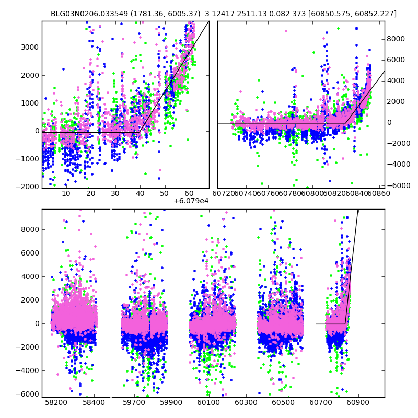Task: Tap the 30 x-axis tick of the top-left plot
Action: [x=115, y=193]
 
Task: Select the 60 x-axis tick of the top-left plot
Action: [x=189, y=193]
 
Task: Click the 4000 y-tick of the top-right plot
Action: [x=397, y=80]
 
